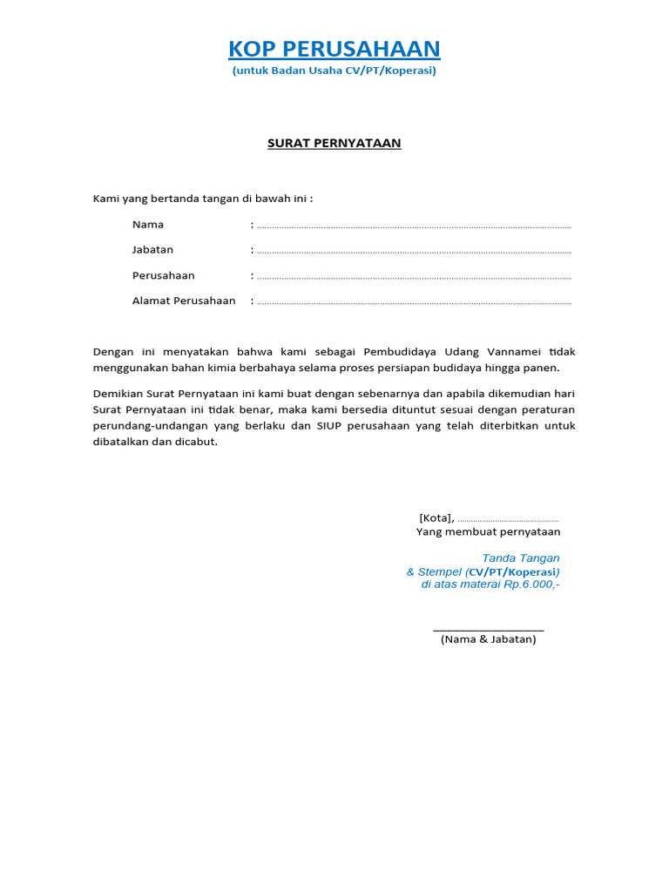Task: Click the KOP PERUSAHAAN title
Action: coord(334,49)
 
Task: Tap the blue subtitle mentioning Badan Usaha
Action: coord(334,71)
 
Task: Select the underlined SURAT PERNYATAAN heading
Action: coord(334,143)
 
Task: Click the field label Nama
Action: coord(148,225)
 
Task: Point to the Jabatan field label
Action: coord(152,250)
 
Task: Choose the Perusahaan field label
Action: coord(164,275)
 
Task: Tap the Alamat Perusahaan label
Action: coord(184,301)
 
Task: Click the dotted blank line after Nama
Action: coord(414,226)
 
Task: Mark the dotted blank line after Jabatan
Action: coord(414,252)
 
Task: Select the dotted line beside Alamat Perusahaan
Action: coord(414,302)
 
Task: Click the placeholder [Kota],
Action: coord(436,517)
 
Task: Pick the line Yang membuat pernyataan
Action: coord(489,531)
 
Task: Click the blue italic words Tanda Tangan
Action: coord(521,557)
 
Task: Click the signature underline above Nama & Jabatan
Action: coord(489,628)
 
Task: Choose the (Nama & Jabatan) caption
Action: coord(489,639)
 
